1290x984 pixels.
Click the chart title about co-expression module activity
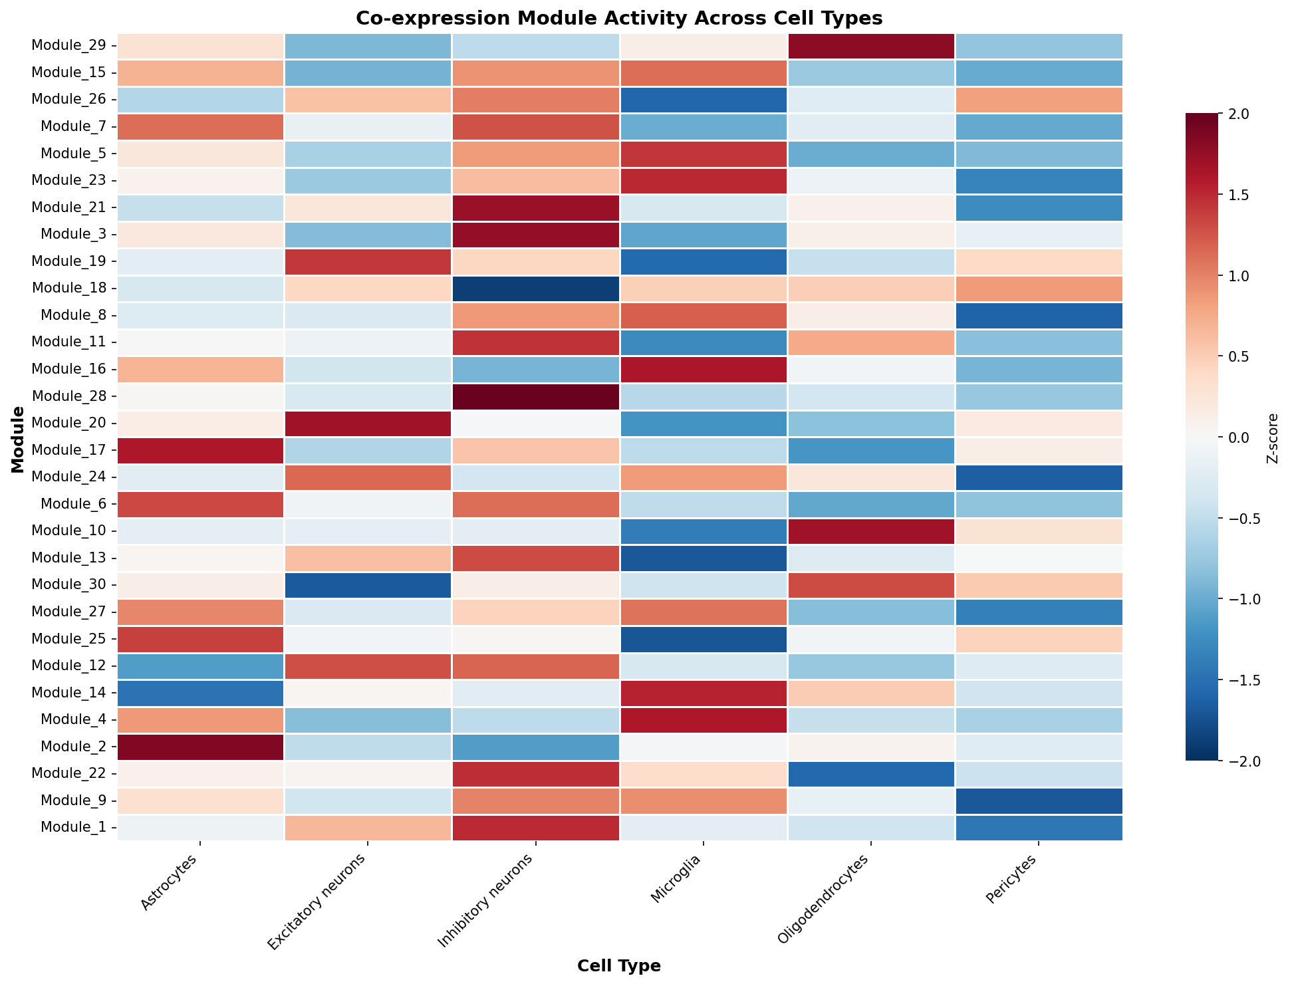click(619, 18)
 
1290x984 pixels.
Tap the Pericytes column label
click(1013, 878)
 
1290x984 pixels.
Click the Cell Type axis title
click(619, 966)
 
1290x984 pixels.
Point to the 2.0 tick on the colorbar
click(1235, 114)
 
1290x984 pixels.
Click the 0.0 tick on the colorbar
click(1235, 437)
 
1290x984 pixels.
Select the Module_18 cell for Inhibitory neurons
click(535, 289)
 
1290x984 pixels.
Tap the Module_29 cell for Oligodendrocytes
click(870, 46)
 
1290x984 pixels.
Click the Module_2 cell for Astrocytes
click(201, 747)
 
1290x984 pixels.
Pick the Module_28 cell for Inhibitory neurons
click(535, 396)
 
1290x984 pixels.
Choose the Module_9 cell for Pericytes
click(1038, 800)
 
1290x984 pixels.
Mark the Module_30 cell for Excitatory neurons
click(368, 585)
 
